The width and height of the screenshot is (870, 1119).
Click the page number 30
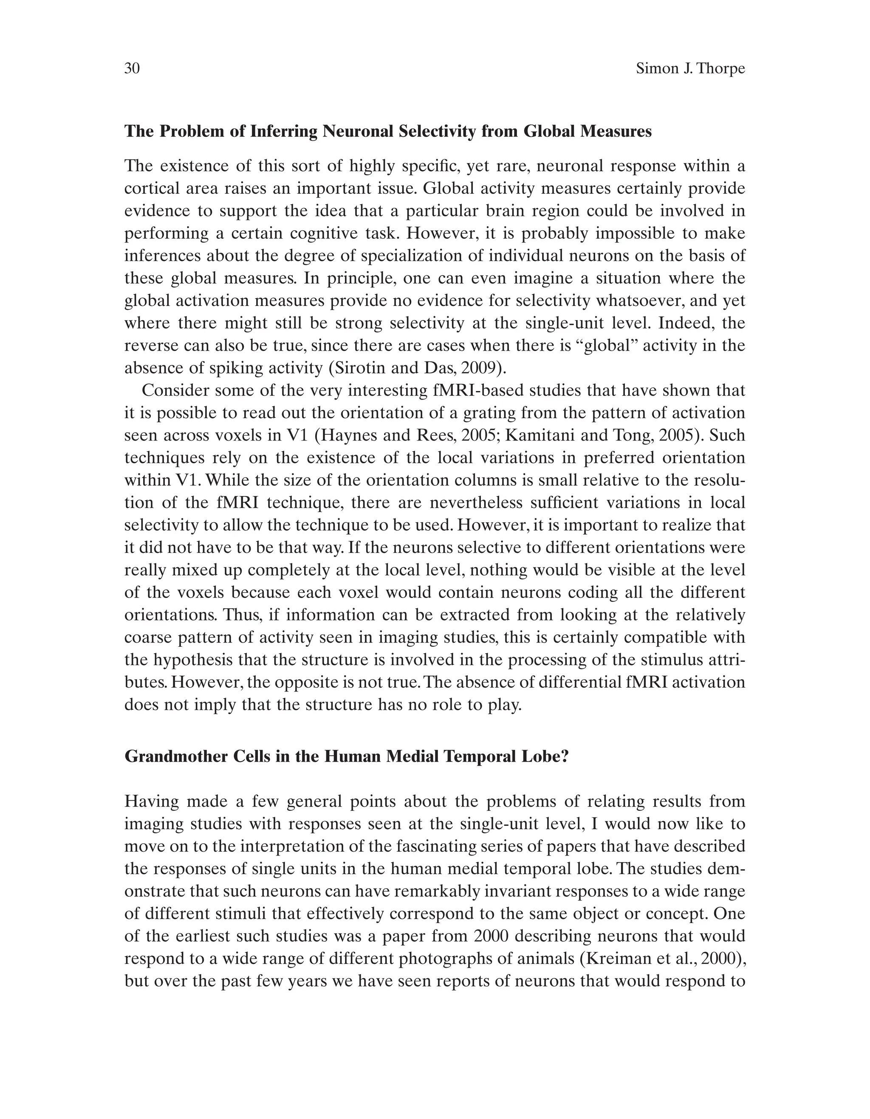point(132,69)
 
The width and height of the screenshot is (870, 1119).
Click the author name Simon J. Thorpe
point(690,69)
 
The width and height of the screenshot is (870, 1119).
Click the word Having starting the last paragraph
point(152,802)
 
